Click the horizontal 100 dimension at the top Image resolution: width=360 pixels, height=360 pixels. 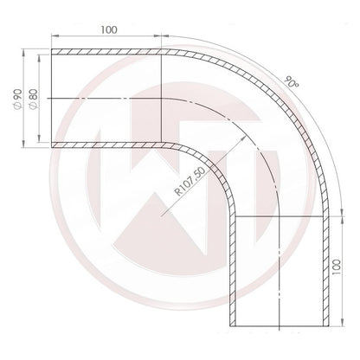108,29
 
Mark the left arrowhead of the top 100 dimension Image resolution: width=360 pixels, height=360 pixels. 56,37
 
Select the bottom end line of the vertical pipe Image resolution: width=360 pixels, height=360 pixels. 279,327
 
